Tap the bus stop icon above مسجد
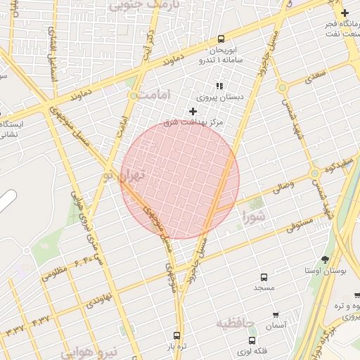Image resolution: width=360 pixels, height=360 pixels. coord(264,278)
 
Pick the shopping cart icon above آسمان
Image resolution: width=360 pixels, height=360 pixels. coord(276,315)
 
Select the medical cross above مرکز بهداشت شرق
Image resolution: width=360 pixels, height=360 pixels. coord(193,111)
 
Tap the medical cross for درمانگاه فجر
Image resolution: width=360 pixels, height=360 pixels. coord(344,13)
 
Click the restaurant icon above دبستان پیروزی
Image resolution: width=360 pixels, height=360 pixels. coord(219,86)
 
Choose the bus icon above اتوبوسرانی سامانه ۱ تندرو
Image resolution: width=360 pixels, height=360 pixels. coord(221,39)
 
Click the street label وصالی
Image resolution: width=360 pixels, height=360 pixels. coord(280,187)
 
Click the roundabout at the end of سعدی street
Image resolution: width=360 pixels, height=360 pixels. coord(282,88)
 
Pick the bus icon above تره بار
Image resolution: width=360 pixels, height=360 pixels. coord(176,335)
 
